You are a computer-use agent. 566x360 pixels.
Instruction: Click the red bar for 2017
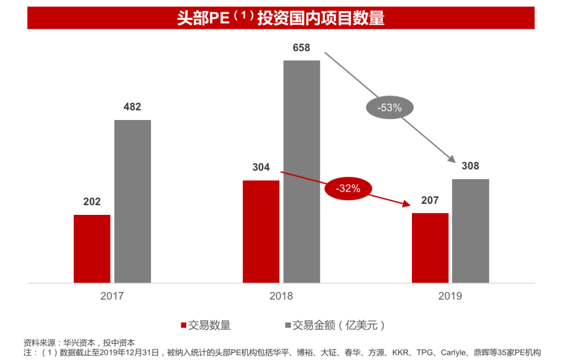point(92,249)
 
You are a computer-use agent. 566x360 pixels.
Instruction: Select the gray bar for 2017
point(133,202)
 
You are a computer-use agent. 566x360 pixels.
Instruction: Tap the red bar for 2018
point(261,232)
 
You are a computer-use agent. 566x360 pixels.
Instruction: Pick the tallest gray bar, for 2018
point(301,172)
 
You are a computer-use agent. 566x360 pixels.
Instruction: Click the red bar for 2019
point(430,248)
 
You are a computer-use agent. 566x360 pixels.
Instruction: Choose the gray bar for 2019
point(471,231)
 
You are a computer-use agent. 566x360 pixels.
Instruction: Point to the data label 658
point(301,48)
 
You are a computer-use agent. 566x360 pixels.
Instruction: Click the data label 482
point(132,107)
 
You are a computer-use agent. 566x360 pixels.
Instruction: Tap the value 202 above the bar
point(92,202)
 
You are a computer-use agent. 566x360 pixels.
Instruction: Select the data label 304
point(261,167)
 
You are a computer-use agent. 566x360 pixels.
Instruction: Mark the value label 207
point(430,200)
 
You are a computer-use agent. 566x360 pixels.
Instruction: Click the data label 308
point(470,166)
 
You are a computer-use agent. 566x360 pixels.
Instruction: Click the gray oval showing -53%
point(389,108)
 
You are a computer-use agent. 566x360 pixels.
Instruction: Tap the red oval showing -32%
point(348,189)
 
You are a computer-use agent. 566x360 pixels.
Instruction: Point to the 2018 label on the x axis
point(281,296)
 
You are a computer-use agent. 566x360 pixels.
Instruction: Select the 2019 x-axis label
point(450,296)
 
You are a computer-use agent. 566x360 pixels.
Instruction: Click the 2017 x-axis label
point(112,296)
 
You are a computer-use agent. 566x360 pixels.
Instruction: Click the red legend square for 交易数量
point(184,325)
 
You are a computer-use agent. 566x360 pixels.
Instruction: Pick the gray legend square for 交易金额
point(288,325)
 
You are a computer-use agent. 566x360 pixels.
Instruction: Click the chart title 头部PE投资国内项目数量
point(281,18)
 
